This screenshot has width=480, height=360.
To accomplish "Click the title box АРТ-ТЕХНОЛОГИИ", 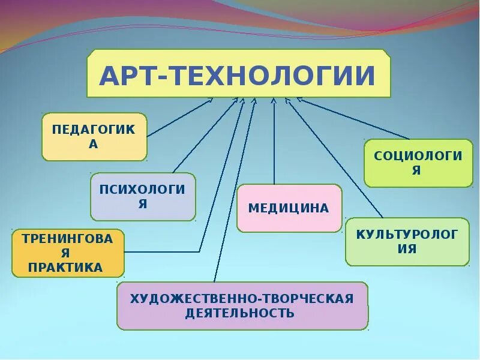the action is (239, 74).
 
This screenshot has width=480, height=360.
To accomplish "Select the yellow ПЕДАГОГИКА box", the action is (94, 137).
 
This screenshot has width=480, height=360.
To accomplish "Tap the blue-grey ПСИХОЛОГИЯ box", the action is (143, 197).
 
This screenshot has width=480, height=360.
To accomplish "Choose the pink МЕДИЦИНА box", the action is (289, 208).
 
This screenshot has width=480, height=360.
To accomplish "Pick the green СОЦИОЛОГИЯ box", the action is (418, 163).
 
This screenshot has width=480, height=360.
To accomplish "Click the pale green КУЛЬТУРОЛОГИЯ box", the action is (407, 241).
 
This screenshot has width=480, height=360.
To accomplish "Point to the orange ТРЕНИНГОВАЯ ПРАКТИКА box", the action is (68, 253).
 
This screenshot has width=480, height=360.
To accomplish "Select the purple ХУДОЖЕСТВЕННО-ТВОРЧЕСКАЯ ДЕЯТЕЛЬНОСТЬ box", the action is (242, 306).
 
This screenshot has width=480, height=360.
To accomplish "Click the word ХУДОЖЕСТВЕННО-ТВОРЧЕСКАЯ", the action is (242, 298).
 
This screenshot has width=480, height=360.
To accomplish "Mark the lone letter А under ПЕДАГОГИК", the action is (94, 144).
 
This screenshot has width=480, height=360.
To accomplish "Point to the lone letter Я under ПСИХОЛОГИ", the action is (143, 204).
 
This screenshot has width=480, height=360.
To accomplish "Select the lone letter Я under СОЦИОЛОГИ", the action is (418, 170).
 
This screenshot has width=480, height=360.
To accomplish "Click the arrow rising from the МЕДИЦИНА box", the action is (274, 144).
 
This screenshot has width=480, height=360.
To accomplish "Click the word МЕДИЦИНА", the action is (289, 208).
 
